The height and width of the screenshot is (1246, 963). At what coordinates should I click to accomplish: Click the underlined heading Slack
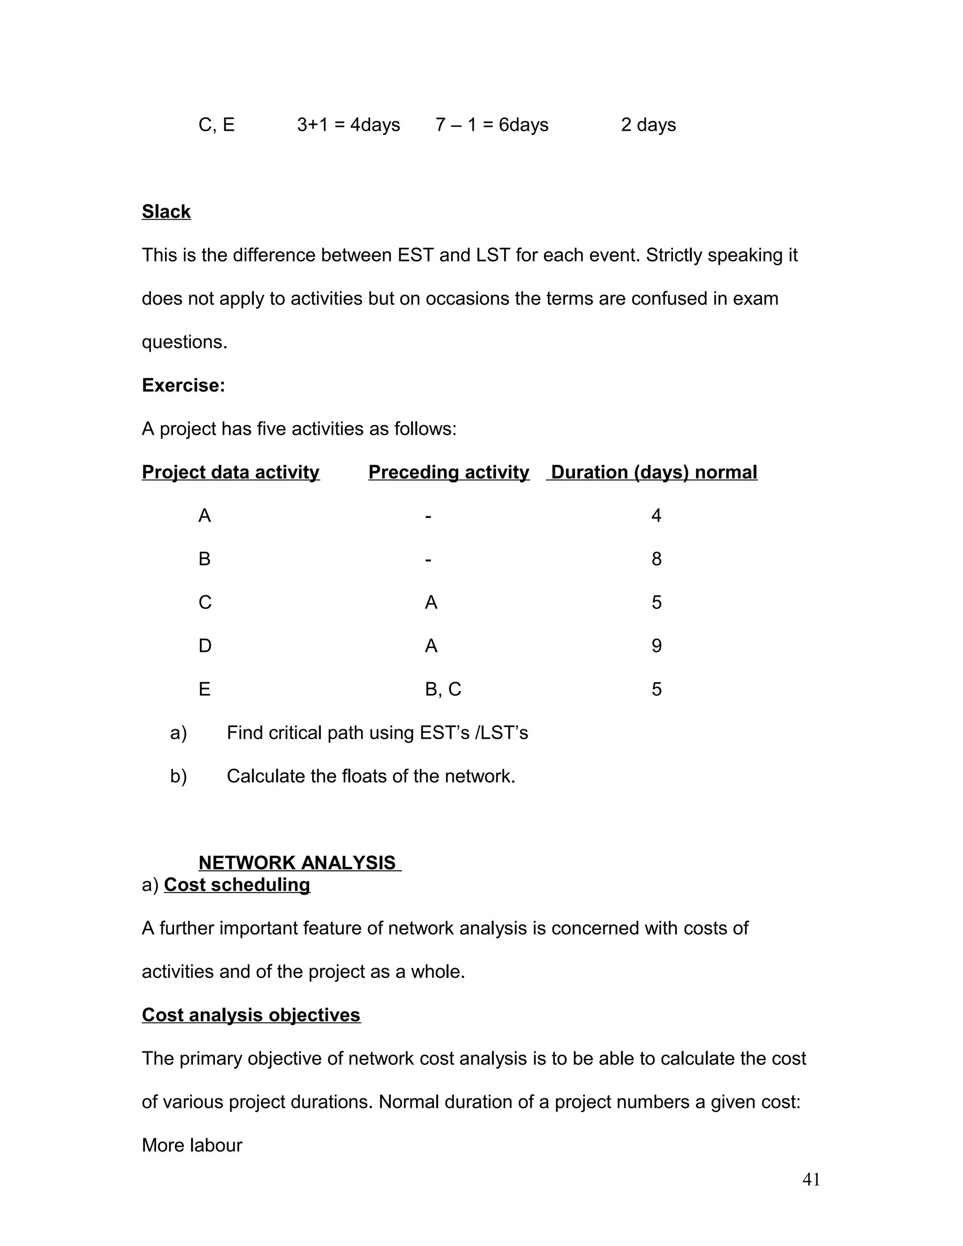pos(166,212)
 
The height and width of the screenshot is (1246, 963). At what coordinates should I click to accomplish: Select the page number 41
pos(811,1179)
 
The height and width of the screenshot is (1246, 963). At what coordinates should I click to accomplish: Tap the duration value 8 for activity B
pos(656,559)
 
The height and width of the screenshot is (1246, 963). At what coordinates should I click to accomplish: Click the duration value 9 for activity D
pos(656,646)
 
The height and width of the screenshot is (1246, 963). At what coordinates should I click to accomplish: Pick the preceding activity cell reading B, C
pos(442,689)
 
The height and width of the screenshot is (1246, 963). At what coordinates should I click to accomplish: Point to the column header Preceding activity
pos(449,473)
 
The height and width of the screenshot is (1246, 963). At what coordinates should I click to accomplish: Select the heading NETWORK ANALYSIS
pos(297,863)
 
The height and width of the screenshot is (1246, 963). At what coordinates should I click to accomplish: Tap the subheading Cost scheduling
pos(237,885)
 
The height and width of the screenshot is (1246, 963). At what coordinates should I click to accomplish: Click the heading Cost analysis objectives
pos(251,1015)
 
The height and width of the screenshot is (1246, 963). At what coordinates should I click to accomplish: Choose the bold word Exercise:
pos(183,386)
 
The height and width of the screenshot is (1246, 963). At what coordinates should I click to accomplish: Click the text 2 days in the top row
pos(648,125)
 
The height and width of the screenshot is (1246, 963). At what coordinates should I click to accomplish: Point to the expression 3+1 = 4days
pos(348,125)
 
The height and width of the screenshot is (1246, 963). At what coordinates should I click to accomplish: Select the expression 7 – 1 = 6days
pos(492,125)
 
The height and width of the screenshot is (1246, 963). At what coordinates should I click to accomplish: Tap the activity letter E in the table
pos(204,689)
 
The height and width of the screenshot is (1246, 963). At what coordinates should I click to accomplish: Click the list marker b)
pos(179,776)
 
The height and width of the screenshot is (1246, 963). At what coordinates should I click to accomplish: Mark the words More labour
pos(192,1145)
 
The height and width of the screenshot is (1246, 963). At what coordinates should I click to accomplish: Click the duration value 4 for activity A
pos(656,516)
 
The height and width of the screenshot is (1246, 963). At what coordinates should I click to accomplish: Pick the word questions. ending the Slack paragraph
pos(184,342)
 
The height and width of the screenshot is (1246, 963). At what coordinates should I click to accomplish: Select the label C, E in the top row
pos(216,125)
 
